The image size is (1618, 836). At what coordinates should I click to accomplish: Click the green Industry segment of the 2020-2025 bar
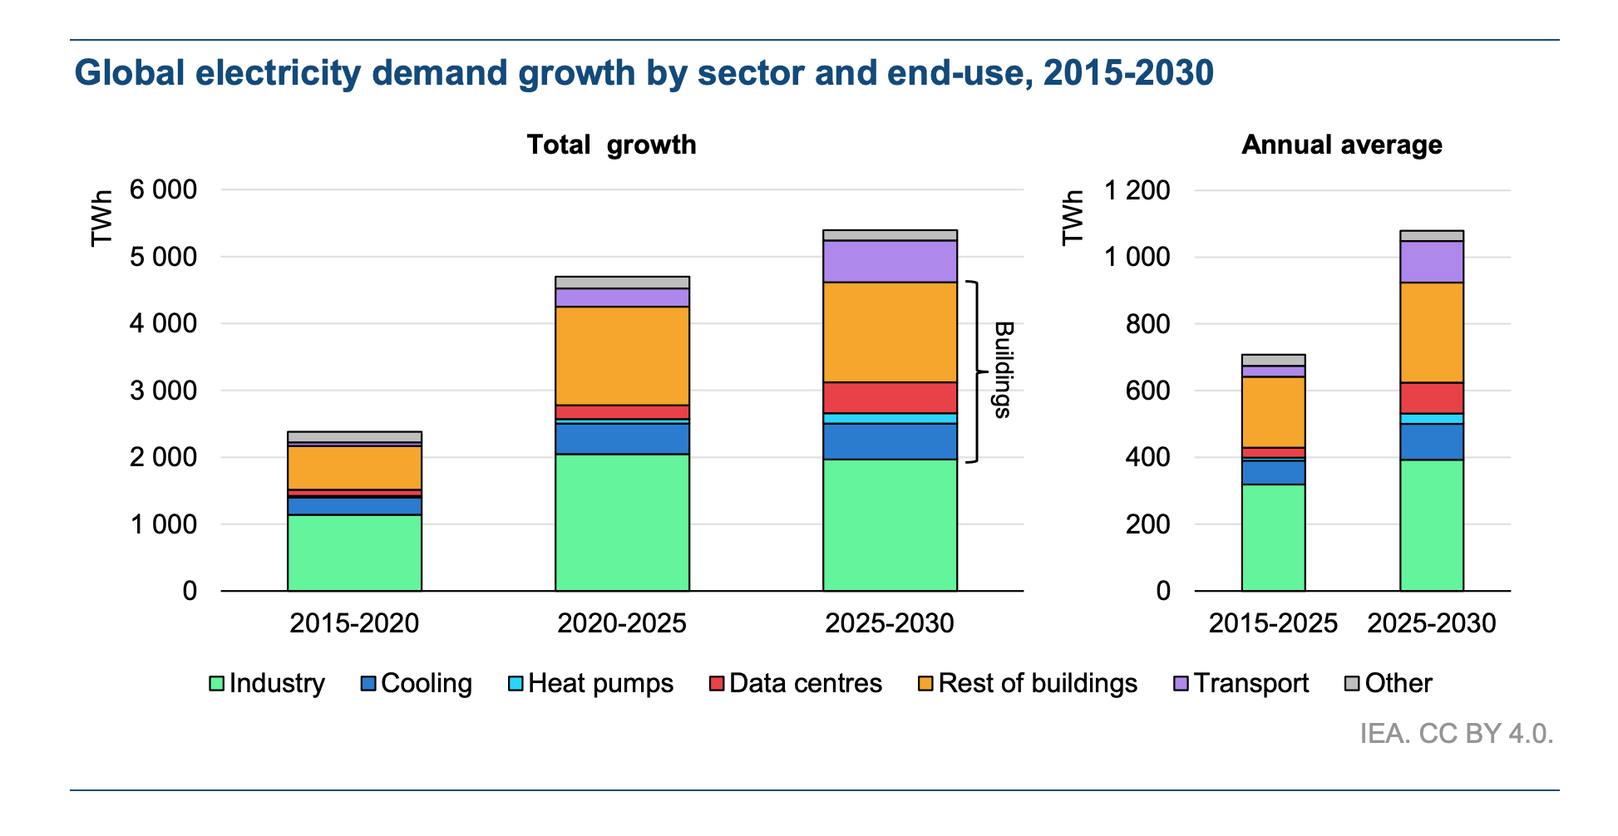tap(622, 522)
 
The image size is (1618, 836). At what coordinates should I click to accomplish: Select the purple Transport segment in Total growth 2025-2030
tap(890, 261)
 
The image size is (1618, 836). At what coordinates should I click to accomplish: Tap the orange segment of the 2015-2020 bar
tap(354, 468)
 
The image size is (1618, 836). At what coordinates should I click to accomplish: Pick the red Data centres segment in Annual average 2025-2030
tap(1431, 398)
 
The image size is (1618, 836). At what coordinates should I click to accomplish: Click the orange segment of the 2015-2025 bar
tap(1273, 412)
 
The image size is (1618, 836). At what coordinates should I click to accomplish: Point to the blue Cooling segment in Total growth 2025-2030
tap(890, 441)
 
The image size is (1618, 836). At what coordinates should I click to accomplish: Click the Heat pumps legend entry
tap(590, 683)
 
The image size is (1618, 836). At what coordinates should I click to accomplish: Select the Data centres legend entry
tap(796, 683)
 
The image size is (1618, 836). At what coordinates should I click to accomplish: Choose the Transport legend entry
tap(1241, 683)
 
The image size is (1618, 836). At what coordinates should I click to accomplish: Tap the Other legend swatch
tap(1352, 683)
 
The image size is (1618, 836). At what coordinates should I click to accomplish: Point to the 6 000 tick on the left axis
tap(163, 189)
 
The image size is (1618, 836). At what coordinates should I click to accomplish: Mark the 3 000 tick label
tap(163, 391)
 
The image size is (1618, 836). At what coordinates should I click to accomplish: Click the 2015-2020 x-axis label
tap(354, 623)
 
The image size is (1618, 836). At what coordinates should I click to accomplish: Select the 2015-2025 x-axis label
tap(1273, 623)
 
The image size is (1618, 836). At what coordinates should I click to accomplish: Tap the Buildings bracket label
tap(1004, 370)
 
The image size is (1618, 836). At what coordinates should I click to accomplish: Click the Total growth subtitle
tap(611, 145)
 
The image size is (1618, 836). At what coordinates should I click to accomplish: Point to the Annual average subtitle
tap(1341, 145)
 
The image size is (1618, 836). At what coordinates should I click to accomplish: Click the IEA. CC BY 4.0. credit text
tap(1456, 734)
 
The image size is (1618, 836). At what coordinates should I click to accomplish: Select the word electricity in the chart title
tap(279, 73)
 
